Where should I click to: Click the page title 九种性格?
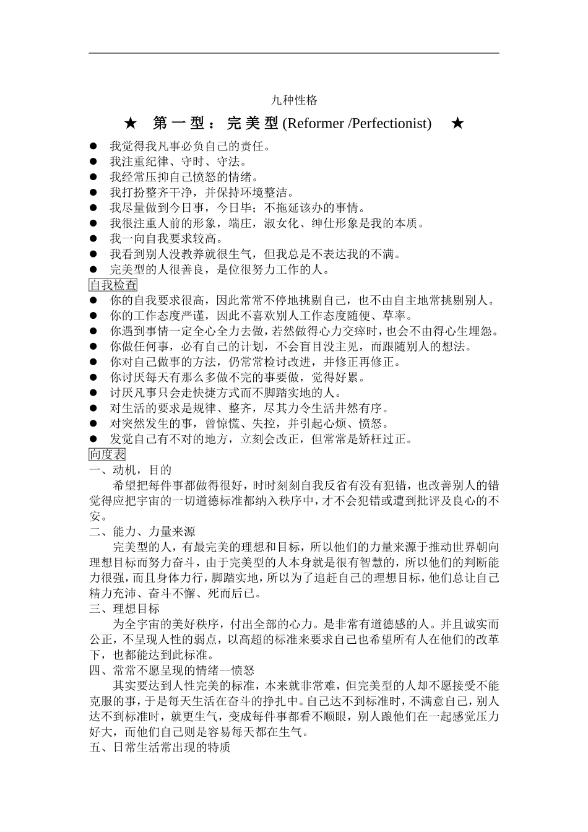pyautogui.click(x=294, y=100)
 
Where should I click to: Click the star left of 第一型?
pyautogui.click(x=130, y=123)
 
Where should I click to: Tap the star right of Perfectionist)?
pyautogui.click(x=457, y=123)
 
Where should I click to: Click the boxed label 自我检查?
pyautogui.click(x=113, y=285)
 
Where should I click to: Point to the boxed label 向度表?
pyautogui.click(x=107, y=454)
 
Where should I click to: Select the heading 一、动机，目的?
pyautogui.click(x=131, y=470)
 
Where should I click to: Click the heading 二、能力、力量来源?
pyautogui.click(x=142, y=531)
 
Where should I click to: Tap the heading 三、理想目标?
pyautogui.click(x=124, y=609)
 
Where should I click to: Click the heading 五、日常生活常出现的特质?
pyautogui.click(x=160, y=748)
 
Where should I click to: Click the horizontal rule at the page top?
pyautogui.click(x=294, y=53)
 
